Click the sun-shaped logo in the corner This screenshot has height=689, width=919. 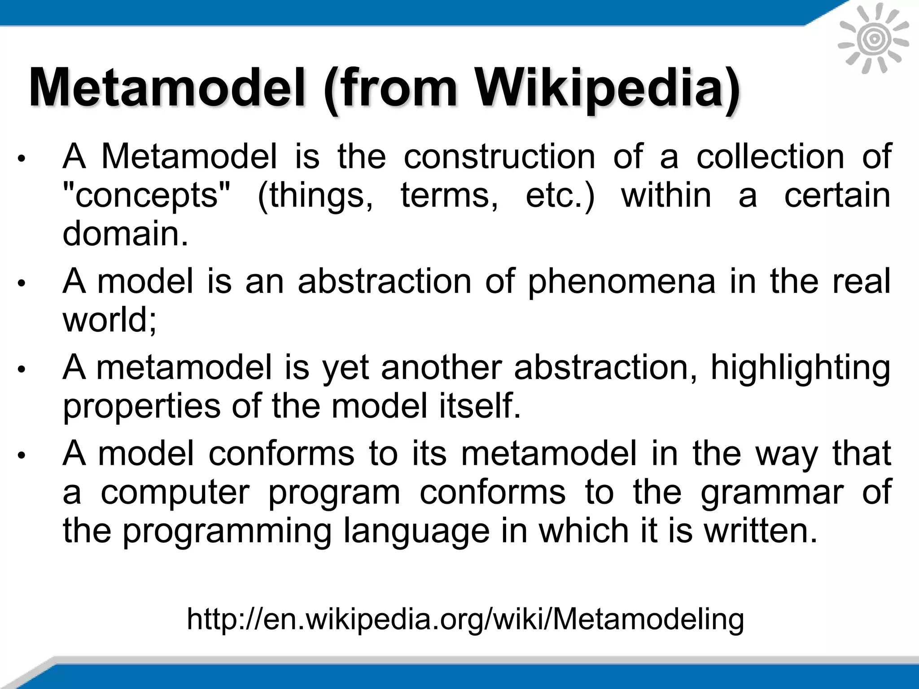[x=873, y=40]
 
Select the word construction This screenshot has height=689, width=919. [x=499, y=157]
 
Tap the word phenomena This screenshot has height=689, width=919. [x=621, y=281]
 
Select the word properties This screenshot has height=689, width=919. [x=142, y=406]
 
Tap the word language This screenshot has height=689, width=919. [x=416, y=531]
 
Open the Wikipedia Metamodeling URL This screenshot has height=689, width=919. [x=465, y=619]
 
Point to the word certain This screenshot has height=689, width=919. [x=837, y=196]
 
